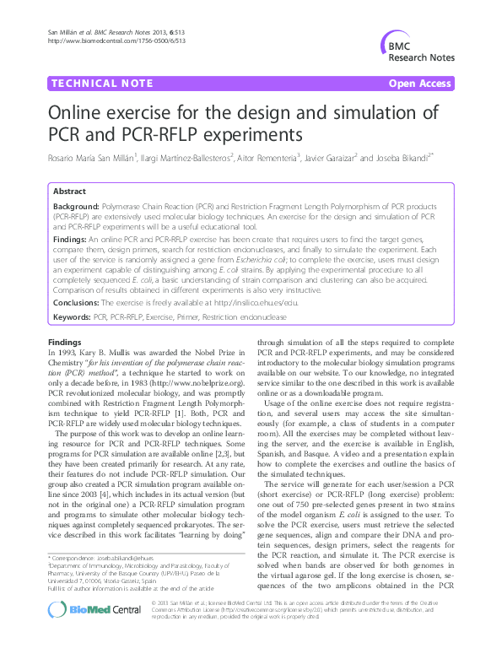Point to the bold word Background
click(76, 205)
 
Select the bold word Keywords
click(73, 316)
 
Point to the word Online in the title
click(81, 114)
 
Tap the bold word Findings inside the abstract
click(72, 240)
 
